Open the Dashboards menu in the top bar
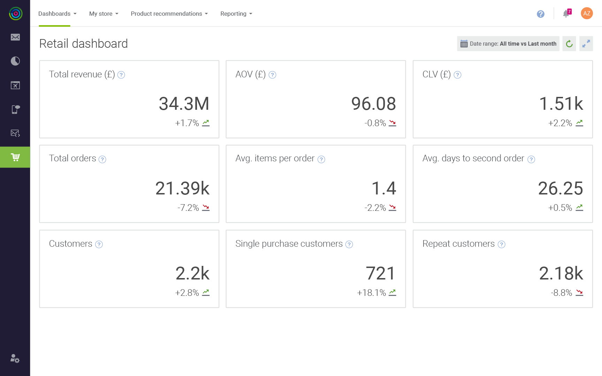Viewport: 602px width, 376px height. (57, 14)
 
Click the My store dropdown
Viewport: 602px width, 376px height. (104, 14)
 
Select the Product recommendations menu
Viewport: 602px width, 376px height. (169, 14)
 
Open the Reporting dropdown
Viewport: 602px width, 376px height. (236, 14)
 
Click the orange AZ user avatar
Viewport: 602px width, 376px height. (587, 13)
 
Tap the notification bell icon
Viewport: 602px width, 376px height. (566, 14)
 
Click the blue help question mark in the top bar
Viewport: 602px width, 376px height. (541, 14)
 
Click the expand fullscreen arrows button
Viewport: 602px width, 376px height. (586, 44)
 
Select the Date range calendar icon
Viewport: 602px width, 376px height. (464, 44)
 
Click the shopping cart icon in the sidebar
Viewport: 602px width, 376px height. (15, 157)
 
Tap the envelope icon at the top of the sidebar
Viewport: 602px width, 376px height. (15, 37)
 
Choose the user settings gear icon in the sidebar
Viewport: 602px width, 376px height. (15, 359)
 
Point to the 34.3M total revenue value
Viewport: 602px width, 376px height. (184, 104)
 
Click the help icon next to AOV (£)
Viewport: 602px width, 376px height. (273, 75)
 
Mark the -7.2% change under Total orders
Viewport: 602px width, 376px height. (188, 208)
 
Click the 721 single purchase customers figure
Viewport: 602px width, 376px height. (380, 273)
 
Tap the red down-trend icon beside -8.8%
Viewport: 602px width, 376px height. (579, 293)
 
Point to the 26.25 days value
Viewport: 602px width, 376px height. (560, 189)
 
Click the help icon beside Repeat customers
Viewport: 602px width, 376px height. (502, 244)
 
